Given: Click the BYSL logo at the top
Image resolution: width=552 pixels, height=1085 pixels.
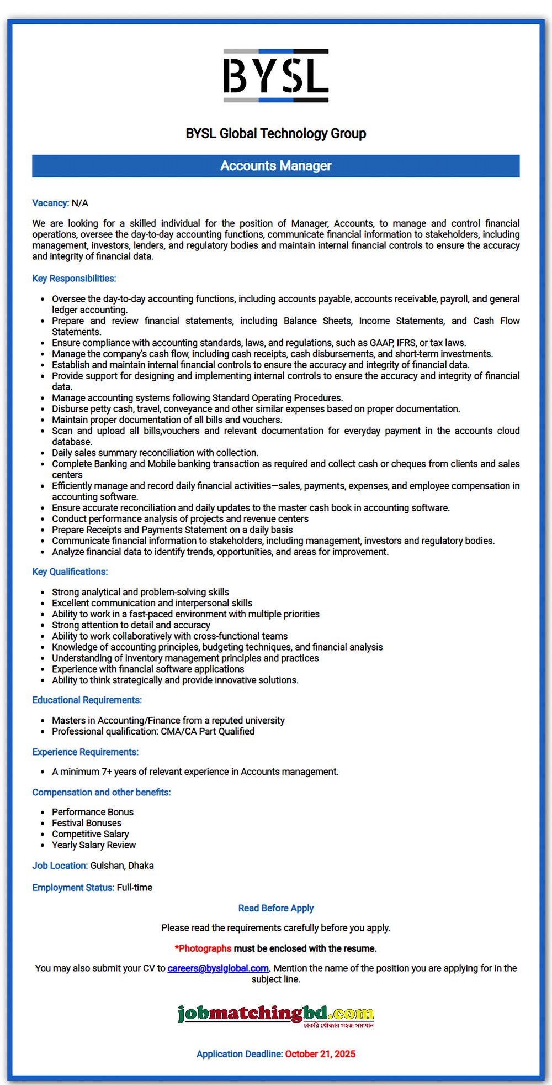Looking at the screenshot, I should (275, 76).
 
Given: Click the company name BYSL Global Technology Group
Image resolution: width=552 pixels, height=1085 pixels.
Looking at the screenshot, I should (275, 134).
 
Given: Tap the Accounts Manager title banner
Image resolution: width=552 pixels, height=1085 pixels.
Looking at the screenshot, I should (275, 166).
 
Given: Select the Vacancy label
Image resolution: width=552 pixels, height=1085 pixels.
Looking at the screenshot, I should (50, 203).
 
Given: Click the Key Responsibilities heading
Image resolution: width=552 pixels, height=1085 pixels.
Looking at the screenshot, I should (74, 279).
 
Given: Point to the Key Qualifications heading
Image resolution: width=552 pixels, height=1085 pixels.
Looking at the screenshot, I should (70, 572).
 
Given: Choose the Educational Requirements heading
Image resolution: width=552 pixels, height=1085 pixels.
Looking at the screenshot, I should (87, 700).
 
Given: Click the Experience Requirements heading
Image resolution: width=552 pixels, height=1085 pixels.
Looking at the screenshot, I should (85, 752).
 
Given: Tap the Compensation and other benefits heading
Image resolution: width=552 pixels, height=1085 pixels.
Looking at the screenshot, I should (101, 792).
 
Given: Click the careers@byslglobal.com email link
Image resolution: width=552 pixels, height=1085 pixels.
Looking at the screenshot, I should (218, 968).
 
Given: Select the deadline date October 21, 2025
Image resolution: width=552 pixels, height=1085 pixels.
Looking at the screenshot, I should (320, 1054).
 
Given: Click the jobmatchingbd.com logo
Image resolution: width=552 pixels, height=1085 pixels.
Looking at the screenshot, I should (275, 1014).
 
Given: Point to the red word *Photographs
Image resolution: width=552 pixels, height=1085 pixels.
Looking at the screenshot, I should (203, 948).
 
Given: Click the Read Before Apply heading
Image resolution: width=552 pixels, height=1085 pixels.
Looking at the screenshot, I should (275, 908).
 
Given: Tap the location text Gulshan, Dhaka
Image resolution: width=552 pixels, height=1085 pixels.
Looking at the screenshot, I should (122, 866).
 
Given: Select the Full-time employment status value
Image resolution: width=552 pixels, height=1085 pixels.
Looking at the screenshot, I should (135, 888).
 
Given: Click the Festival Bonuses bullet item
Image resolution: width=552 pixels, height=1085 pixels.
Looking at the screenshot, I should (87, 823).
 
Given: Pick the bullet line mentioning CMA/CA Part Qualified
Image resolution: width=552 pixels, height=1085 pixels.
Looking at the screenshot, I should (153, 731).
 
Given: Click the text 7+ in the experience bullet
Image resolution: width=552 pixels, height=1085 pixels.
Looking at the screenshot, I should (107, 772).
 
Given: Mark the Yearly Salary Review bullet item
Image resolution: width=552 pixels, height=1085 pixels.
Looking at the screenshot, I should (94, 845).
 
